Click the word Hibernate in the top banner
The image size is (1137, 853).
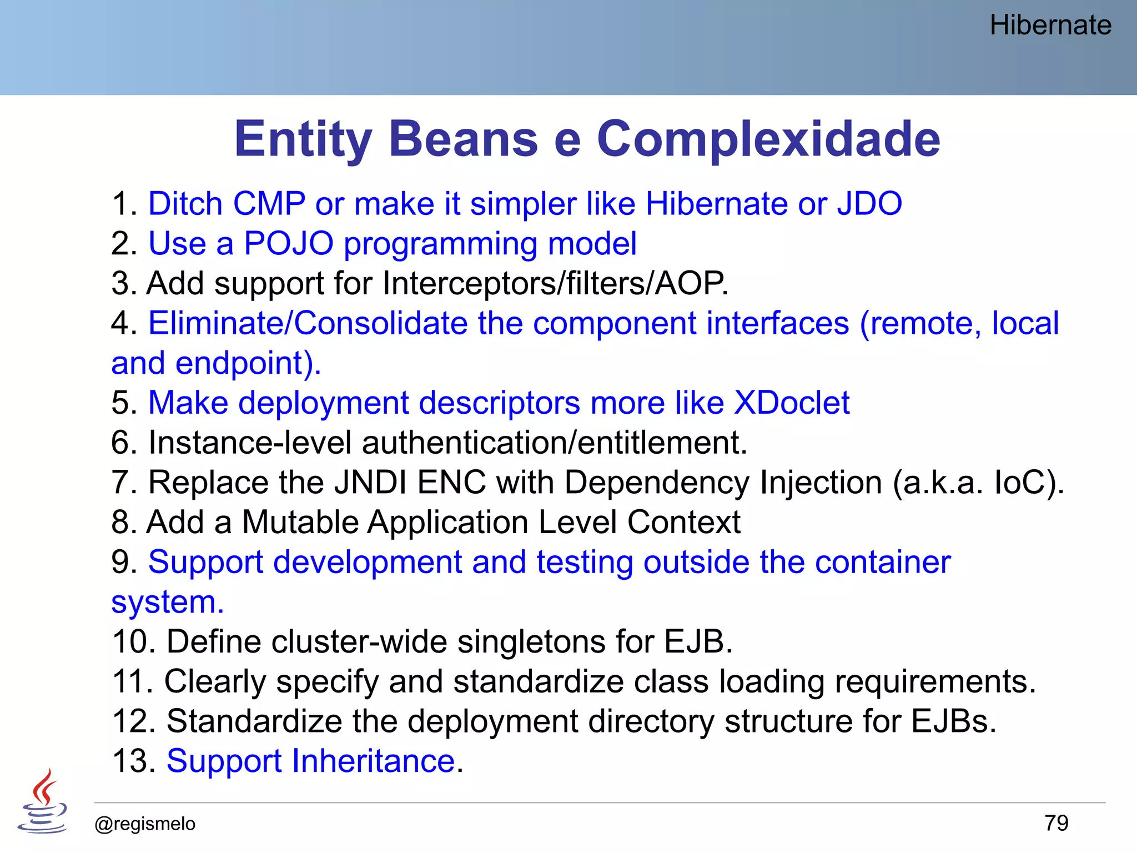point(1050,26)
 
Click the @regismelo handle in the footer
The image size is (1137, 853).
point(145,824)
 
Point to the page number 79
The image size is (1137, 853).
point(1056,823)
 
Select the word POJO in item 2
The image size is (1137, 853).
point(289,243)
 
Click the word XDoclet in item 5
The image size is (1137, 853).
point(792,403)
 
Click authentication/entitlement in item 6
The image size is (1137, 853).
point(554,443)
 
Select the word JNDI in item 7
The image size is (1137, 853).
point(370,482)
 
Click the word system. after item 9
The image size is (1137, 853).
point(168,602)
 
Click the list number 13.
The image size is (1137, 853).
point(134,761)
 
